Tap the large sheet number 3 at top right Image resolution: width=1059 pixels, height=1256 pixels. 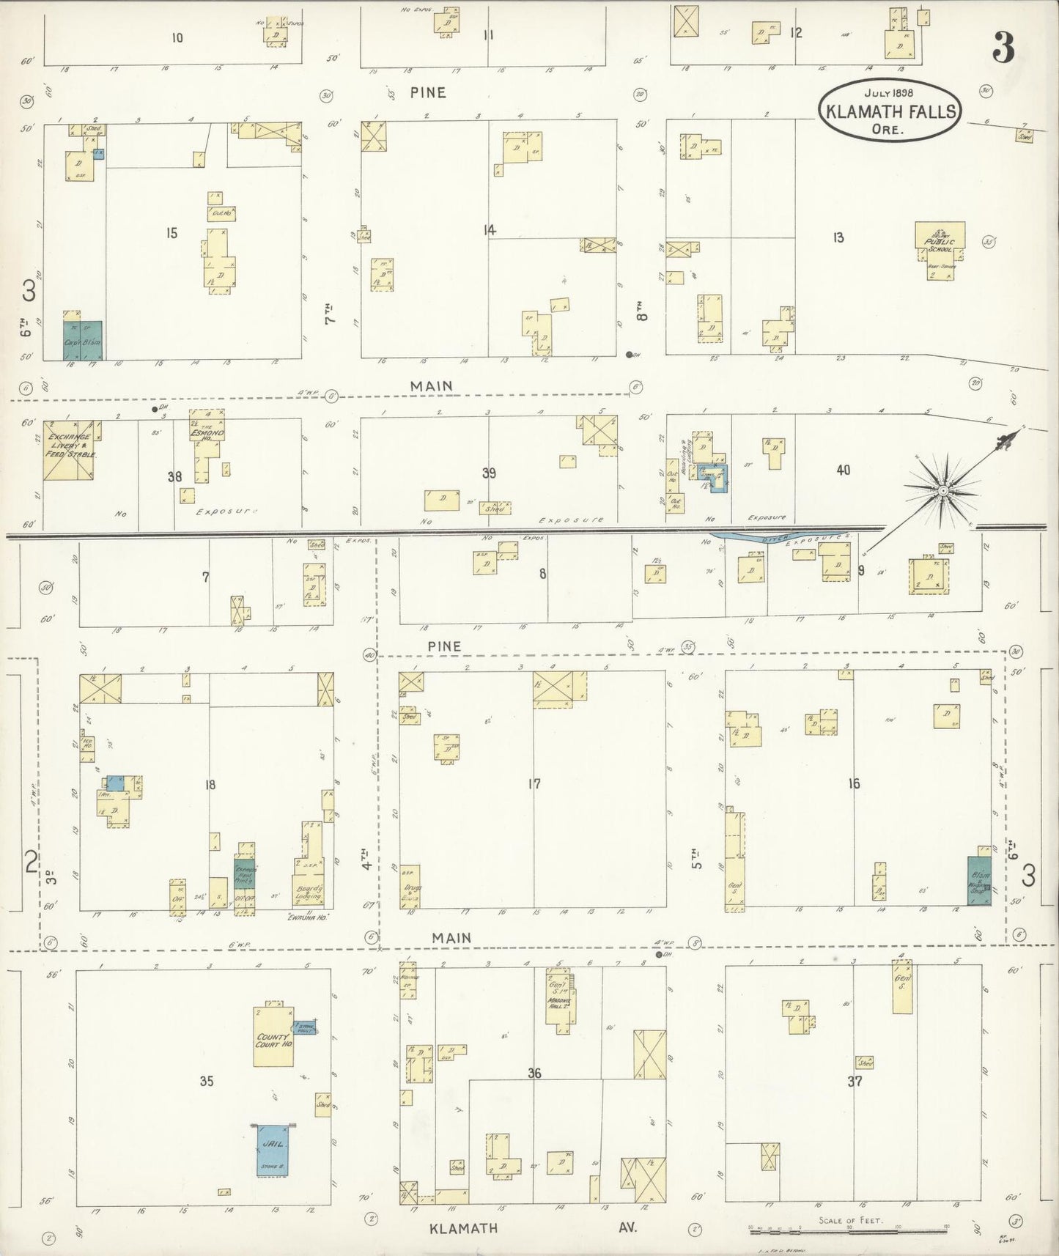point(1003,48)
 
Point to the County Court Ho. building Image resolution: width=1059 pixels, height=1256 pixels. point(273,1036)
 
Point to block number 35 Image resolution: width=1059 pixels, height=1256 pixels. point(206,1081)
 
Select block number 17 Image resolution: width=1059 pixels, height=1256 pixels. point(534,784)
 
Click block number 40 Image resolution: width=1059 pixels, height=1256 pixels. point(843,469)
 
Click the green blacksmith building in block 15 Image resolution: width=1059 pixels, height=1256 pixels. point(82,340)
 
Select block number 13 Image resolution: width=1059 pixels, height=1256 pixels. point(838,237)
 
